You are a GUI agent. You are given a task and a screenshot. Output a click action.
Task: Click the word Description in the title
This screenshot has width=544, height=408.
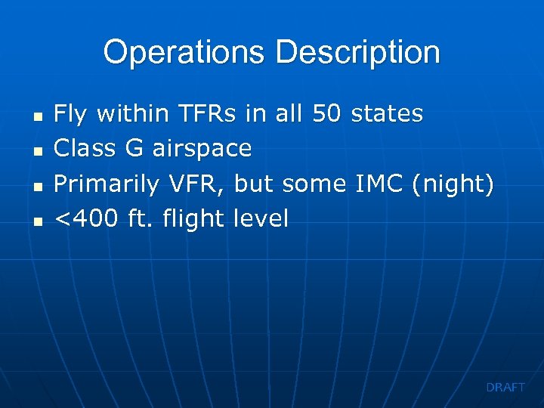click(x=357, y=53)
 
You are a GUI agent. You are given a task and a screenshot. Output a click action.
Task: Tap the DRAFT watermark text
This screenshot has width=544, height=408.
click(x=505, y=387)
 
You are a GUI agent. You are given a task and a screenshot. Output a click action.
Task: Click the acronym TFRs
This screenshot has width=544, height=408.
click(x=207, y=114)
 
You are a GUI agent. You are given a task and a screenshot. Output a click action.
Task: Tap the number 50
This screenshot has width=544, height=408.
click(x=327, y=114)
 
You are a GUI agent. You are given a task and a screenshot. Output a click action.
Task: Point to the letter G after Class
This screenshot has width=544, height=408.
click(x=133, y=149)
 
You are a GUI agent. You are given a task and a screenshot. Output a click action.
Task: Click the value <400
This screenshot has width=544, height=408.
click(x=86, y=219)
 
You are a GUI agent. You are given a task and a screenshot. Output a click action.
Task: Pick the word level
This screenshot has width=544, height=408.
click(x=261, y=219)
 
